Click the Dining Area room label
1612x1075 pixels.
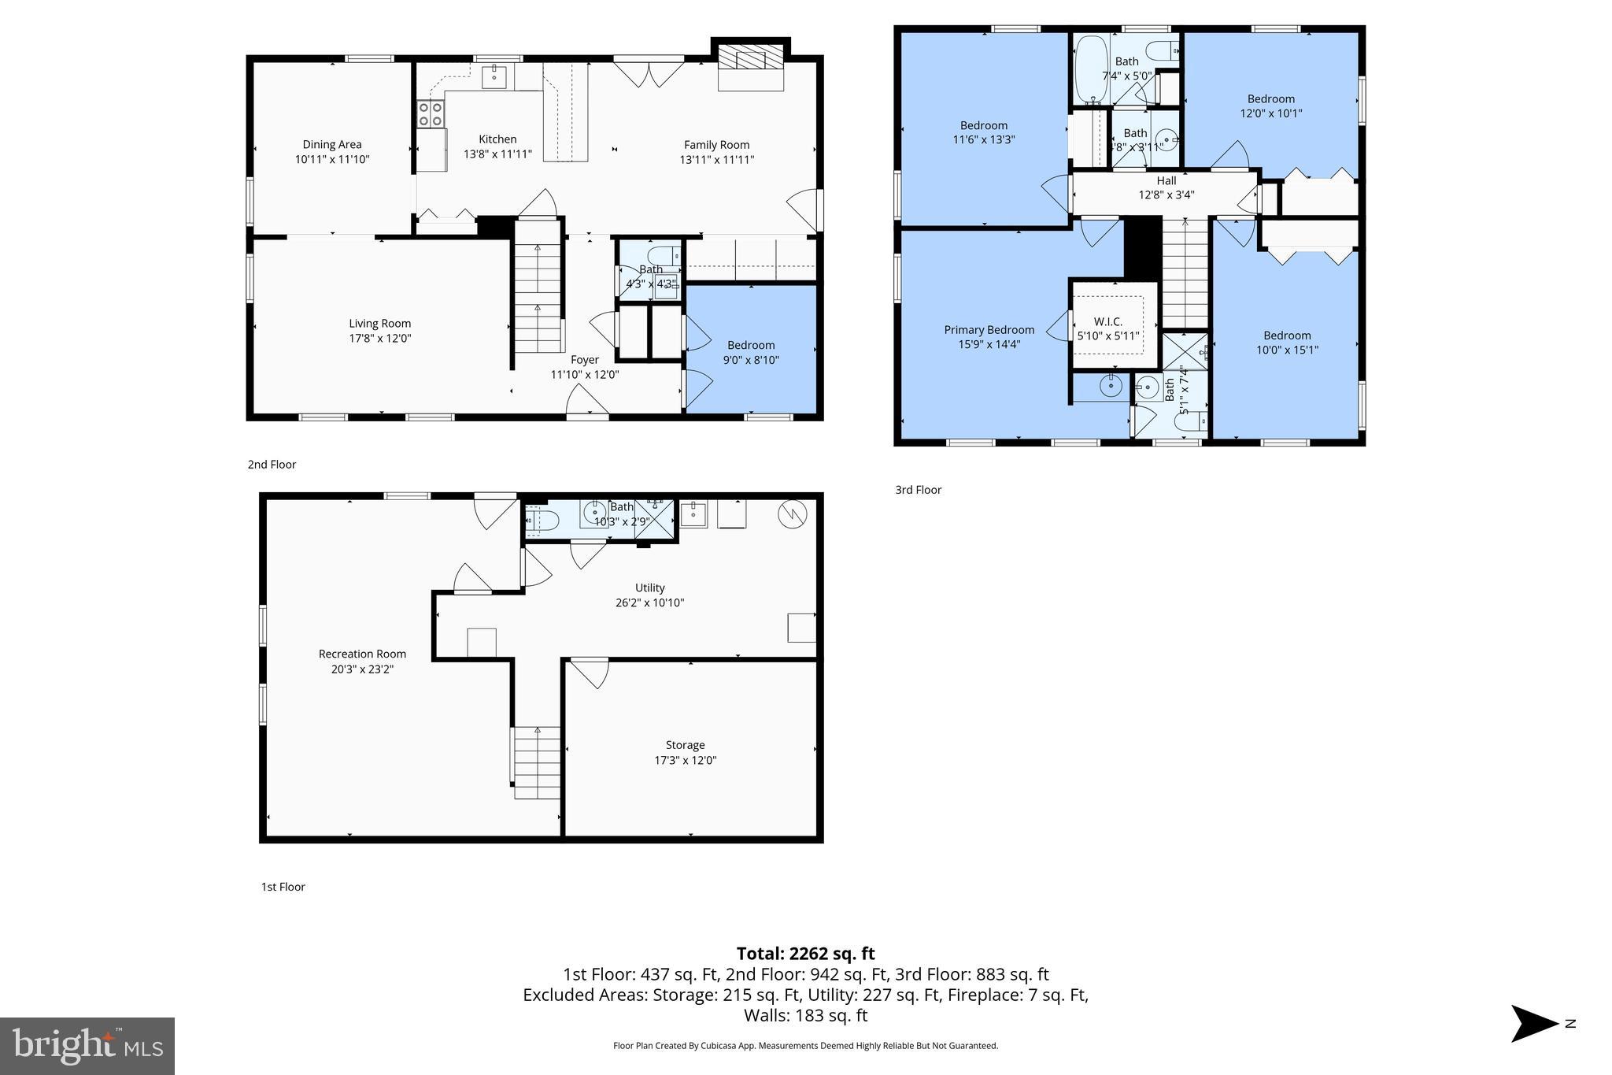click(331, 145)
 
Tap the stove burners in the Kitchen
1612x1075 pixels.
click(430, 113)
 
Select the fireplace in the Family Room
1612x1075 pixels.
click(751, 57)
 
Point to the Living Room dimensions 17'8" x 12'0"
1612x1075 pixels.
click(380, 339)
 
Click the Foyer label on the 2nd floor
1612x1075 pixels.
click(584, 360)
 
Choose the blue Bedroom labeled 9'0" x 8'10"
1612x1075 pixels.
click(751, 351)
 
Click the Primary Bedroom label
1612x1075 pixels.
click(989, 330)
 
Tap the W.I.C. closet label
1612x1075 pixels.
click(1107, 321)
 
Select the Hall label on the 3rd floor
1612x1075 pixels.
click(1166, 181)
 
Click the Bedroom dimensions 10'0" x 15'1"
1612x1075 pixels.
click(1287, 350)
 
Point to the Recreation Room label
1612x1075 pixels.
click(362, 654)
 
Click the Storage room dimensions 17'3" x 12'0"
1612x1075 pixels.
click(685, 761)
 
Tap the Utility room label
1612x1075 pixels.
click(649, 588)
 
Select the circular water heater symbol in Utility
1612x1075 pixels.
click(792, 514)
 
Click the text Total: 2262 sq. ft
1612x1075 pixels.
click(805, 954)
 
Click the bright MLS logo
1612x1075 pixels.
click(87, 1046)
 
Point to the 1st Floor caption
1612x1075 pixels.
click(283, 887)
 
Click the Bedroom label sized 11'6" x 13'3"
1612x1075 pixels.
click(983, 125)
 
